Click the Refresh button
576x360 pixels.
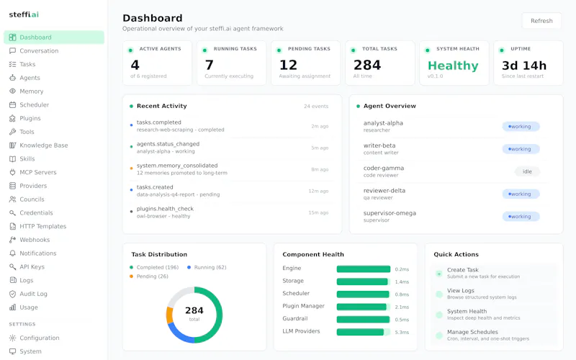tap(541, 21)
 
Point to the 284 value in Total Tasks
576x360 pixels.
tap(367, 65)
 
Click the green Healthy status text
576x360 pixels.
tap(453, 66)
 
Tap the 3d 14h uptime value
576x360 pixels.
tap(524, 66)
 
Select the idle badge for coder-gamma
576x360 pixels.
tap(527, 171)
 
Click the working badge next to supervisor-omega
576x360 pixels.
tap(521, 217)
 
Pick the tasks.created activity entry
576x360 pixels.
tap(155, 187)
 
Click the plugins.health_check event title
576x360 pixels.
tap(165, 209)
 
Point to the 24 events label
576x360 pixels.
tap(316, 106)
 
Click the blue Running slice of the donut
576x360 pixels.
tap(179, 333)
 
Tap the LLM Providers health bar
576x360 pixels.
tap(364, 332)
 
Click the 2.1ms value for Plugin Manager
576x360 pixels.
tap(402, 307)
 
